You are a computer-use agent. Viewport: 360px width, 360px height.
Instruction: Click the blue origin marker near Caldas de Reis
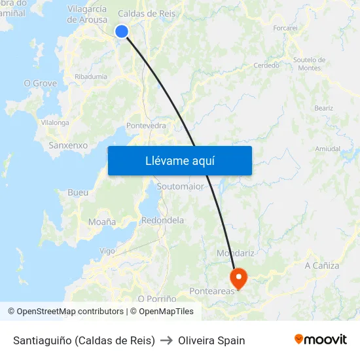[x=122, y=31]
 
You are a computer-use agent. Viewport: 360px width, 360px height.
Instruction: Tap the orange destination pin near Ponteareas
[x=238, y=278]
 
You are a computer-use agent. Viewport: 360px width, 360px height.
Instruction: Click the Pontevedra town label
[x=145, y=125]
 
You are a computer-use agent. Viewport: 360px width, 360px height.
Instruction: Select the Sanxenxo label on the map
[x=68, y=145]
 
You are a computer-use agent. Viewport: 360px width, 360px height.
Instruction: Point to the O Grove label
[x=40, y=83]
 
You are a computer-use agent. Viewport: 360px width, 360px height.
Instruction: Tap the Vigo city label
[x=107, y=251]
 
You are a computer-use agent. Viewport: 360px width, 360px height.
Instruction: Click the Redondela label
[x=162, y=220]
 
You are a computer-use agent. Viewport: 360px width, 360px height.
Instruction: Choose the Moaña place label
[x=101, y=222]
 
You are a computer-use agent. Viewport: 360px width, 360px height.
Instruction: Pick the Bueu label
[x=78, y=192]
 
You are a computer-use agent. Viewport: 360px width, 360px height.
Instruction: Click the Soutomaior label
[x=181, y=187]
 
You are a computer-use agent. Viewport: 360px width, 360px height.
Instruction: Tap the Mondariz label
[x=235, y=253]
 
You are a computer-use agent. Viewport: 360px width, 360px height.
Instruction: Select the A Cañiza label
[x=322, y=265]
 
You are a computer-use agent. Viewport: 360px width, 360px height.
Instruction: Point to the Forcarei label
[x=285, y=28]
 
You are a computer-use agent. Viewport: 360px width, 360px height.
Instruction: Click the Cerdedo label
[x=266, y=65]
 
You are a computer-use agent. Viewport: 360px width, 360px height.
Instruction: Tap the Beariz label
[x=323, y=108]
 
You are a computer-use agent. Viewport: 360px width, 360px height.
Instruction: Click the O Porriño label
[x=157, y=298]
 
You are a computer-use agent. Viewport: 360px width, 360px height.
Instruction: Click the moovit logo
[x=321, y=340]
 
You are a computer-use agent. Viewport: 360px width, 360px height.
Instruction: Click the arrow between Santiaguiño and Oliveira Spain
[x=166, y=340]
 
